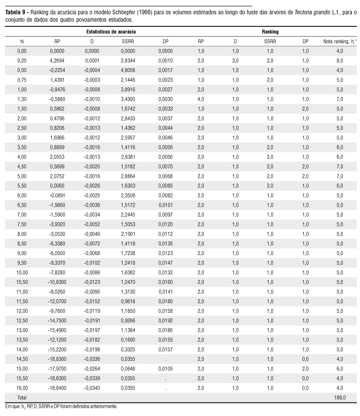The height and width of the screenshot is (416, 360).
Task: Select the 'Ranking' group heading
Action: [270, 31]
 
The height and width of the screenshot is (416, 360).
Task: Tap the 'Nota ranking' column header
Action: [339, 41]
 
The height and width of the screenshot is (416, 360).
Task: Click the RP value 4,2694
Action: [57, 61]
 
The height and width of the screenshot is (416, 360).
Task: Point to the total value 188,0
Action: [339, 397]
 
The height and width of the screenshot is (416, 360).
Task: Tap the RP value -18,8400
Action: [57, 388]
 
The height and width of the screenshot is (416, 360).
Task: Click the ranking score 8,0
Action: [339, 61]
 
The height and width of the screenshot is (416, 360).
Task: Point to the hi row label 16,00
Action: [22, 388]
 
